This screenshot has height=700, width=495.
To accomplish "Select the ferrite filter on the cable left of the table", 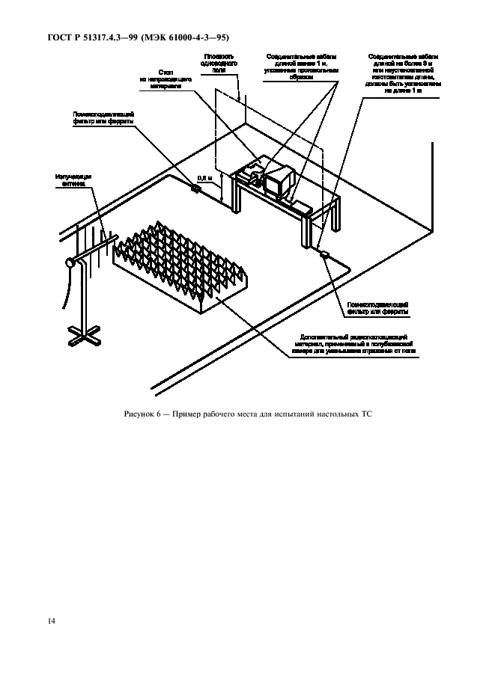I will tap(196, 188).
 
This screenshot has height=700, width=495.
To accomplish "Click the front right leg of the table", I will tap(307, 230).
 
